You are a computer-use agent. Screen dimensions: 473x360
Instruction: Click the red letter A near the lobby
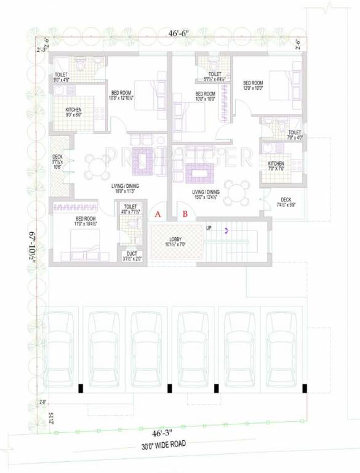pyautogui.click(x=158, y=214)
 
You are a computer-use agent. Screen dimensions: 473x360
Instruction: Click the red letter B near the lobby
pyautogui.click(x=184, y=214)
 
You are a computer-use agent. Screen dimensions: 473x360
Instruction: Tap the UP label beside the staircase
pyautogui.click(x=209, y=228)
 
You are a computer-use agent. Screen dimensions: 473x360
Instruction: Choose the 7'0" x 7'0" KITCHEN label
pyautogui.click(x=275, y=164)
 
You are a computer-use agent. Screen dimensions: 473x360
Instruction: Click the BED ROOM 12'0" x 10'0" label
pyautogui.click(x=253, y=86)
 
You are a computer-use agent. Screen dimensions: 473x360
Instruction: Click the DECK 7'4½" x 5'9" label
pyautogui.click(x=286, y=202)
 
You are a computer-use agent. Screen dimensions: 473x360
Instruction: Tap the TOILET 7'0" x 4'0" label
pyautogui.click(x=295, y=134)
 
